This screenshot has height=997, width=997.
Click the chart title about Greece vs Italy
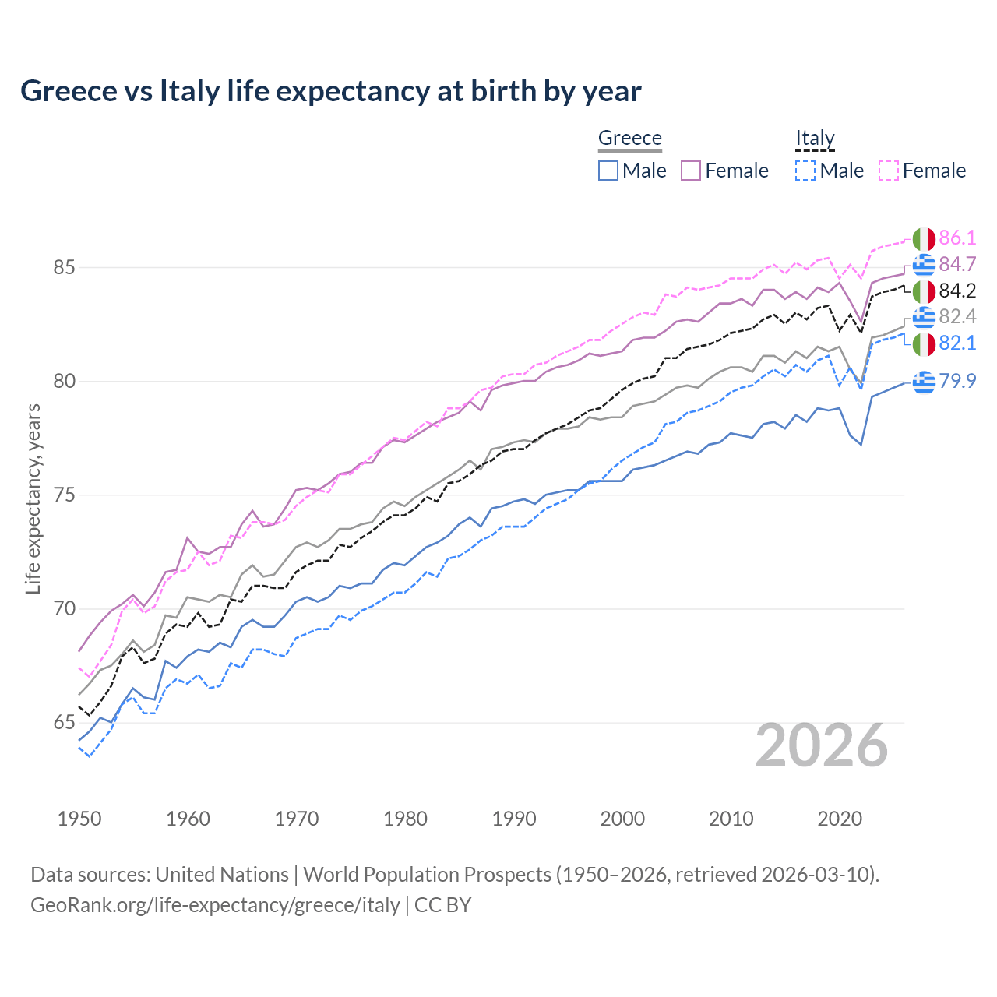pos(331,91)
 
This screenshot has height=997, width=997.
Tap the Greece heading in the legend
pos(629,138)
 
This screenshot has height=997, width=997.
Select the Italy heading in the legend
pos(815,138)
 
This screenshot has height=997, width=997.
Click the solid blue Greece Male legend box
pos(608,171)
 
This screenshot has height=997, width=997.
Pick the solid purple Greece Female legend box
pos(692,171)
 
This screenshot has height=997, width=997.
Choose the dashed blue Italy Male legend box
pos(805,171)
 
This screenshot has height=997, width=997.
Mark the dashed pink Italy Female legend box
pos(889,171)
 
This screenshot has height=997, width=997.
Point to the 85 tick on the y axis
pos(64,268)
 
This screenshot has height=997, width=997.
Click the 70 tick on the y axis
pos(64,609)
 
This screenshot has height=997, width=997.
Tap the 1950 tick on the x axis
pos(79,819)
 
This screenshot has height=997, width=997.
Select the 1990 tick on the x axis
pos(514,819)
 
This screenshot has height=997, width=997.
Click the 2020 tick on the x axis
pos(840,819)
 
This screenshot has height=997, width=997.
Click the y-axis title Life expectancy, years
pos(33,498)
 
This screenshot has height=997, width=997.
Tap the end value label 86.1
pos(957,238)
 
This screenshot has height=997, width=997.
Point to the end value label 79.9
pos(957,382)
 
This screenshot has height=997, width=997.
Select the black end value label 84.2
pos(957,291)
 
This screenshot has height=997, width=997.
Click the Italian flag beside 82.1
pos(924,343)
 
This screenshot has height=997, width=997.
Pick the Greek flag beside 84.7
pos(924,265)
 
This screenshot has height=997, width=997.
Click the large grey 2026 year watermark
pos(822,745)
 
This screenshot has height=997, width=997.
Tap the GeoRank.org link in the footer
pos(215,905)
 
